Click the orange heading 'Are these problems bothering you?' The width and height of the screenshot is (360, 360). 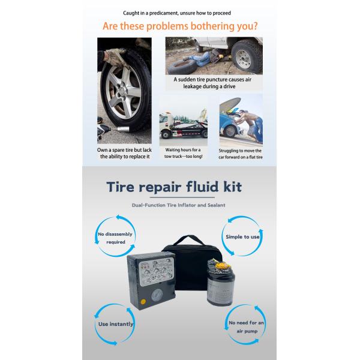pos(180,26)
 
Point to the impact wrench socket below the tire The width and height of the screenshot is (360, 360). pos(112,128)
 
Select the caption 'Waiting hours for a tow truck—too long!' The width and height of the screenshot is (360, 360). pos(182,152)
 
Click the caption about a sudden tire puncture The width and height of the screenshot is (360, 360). pos(214,82)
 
